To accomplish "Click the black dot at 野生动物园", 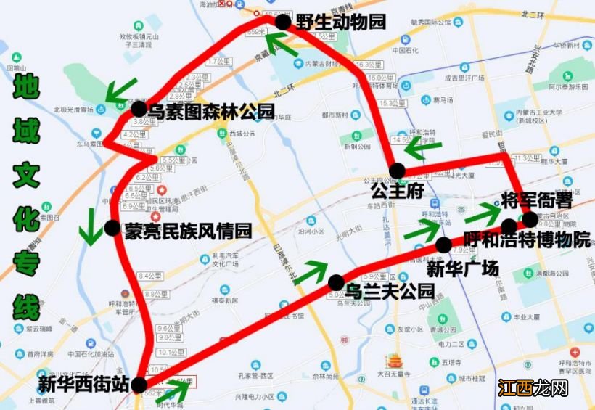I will click(282, 22).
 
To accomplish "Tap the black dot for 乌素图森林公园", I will click(139, 110).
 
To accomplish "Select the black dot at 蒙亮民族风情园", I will click(112, 228).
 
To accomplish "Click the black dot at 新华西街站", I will click(139, 385).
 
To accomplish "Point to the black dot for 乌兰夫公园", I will click(336, 282).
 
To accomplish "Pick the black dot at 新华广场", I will click(443, 245).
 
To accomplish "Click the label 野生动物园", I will click(340, 22).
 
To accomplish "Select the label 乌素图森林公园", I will click(211, 112).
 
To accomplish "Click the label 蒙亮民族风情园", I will click(188, 231).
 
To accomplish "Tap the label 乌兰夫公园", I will click(390, 292).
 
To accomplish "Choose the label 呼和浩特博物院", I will click(528, 241).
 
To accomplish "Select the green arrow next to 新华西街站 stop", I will click(177, 390).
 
